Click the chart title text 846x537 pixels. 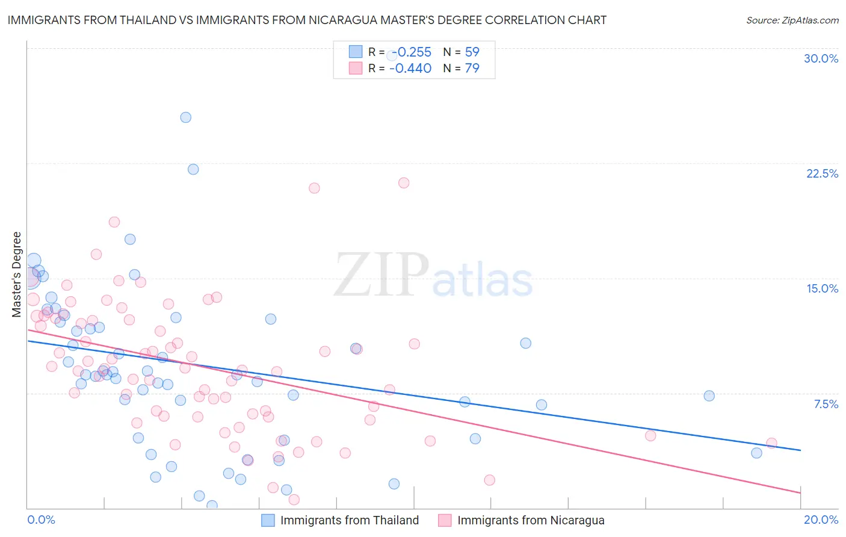pos(307,20)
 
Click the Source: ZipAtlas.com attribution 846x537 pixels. pos(792,20)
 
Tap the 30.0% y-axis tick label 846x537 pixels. pos(821,58)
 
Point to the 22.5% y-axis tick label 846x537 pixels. pos(822,173)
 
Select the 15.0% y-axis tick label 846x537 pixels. pos(822,288)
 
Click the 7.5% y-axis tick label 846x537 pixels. pos(826,404)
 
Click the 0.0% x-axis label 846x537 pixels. pos(42,520)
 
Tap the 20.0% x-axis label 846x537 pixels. pos(821,520)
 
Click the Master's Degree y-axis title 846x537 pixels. pos(17,275)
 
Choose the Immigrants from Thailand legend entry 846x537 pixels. pos(349,520)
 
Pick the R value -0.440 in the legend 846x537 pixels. pos(410,68)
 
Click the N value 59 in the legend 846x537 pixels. pos(472,52)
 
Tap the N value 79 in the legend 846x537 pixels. pos(472,68)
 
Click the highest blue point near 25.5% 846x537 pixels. pos(186,117)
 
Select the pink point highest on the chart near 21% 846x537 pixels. pos(404,182)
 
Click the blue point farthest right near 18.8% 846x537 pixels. pos(756,453)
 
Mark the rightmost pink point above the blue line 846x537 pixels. pos(771,443)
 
